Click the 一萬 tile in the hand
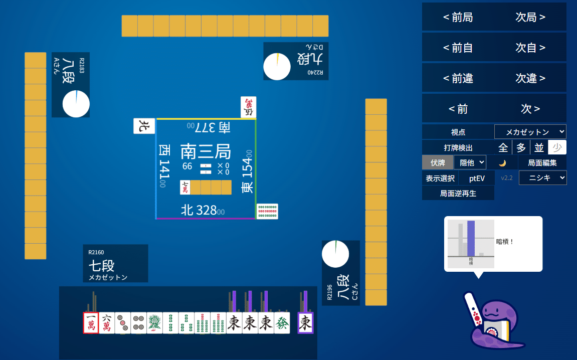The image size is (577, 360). click(x=91, y=323)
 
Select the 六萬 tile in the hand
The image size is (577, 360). click(x=107, y=323)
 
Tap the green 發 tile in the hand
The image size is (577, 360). click(x=282, y=323)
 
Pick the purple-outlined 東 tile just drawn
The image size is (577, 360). click(x=305, y=323)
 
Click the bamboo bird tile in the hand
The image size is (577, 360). click(x=154, y=323)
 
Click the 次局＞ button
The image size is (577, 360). click(x=530, y=18)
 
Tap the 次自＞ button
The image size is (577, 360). click(x=530, y=48)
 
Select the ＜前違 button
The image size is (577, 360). click(x=458, y=79)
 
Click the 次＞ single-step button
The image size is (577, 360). click(x=530, y=109)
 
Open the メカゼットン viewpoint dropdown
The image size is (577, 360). click(x=530, y=132)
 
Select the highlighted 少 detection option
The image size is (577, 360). click(x=557, y=147)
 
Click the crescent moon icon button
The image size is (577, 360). click(x=502, y=162)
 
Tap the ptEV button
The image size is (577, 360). click(x=477, y=178)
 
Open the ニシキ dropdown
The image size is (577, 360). click(x=542, y=178)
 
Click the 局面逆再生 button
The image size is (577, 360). click(x=458, y=193)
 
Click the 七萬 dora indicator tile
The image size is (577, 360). click(x=185, y=188)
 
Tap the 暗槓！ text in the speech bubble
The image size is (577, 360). click(x=505, y=242)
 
